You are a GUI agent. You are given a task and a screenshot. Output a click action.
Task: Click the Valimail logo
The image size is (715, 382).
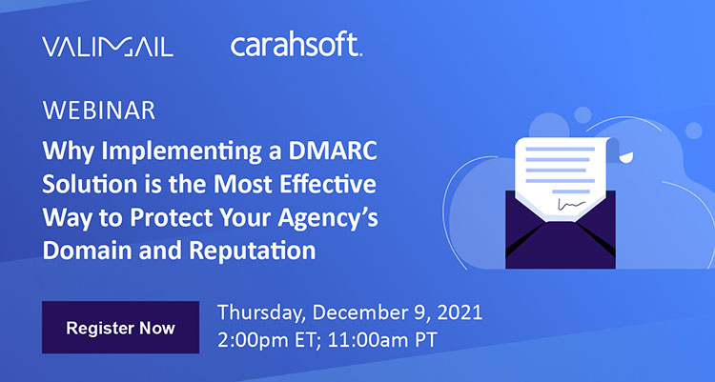(x=107, y=46)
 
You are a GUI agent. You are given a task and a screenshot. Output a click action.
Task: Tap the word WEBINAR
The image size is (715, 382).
(x=99, y=111)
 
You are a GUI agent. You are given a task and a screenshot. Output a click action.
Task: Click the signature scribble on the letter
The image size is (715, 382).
(x=570, y=205)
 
